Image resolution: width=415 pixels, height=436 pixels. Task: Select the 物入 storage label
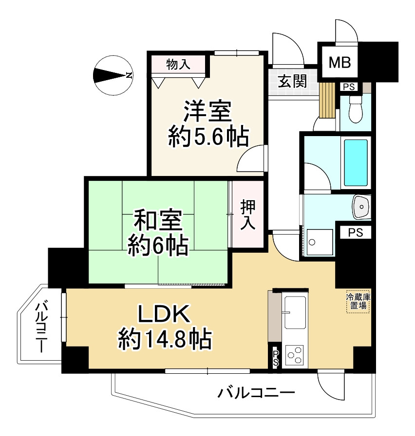point(178,64)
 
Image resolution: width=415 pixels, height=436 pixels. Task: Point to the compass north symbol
point(113,75)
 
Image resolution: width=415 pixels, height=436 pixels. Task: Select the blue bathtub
point(356,163)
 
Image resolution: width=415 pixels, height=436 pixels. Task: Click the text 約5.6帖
point(208,137)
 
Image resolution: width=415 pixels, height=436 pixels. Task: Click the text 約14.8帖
point(165,339)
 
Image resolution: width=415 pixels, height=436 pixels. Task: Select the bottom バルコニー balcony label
point(257,392)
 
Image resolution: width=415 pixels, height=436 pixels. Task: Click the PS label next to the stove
point(276,359)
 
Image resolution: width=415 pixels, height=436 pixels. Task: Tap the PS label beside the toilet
point(349,87)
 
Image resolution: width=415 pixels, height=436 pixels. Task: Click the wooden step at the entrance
point(328,100)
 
